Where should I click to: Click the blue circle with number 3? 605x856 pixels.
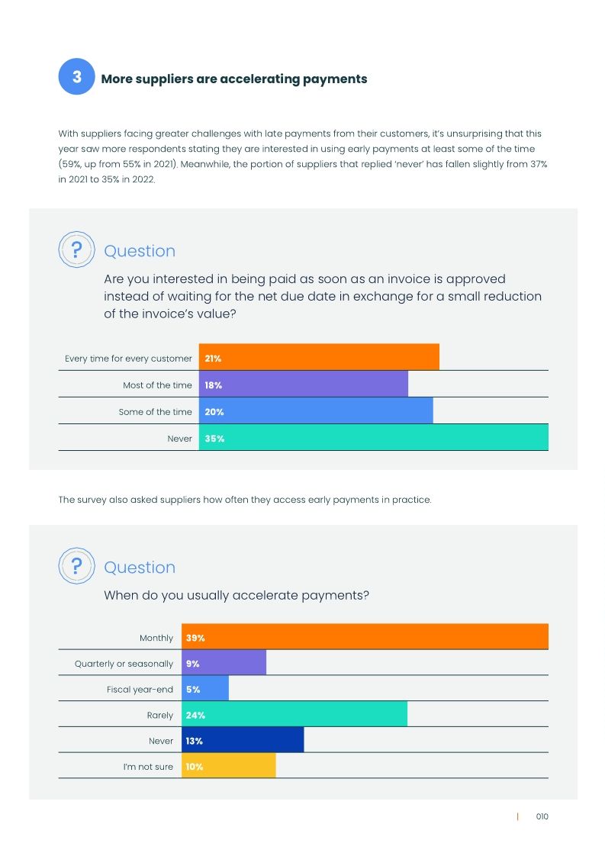pos(76,77)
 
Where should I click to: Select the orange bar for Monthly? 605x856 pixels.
pos(365,637)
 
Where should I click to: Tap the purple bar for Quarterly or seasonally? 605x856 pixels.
pos(224,663)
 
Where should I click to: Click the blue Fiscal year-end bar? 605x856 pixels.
pos(205,689)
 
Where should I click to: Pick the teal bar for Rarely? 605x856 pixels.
pos(294,715)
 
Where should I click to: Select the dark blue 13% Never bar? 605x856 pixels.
pos(243,740)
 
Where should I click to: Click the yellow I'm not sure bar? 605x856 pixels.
pos(228,766)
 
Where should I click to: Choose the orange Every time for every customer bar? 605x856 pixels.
pos(319,358)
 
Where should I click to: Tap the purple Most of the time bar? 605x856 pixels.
pos(304,385)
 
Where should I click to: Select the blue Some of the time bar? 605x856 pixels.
pos(316,411)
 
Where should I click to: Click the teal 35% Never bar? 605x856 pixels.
pos(374,438)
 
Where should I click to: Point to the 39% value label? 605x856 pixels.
pos(195,638)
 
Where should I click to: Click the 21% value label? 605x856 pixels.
pos(213,358)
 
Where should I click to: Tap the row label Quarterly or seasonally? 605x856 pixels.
pos(124,664)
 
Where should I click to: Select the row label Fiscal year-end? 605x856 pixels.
pos(140,690)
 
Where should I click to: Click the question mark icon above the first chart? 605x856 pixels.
pos(76,250)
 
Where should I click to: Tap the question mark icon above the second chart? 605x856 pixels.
pos(76,567)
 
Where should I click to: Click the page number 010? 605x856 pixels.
pos(542,816)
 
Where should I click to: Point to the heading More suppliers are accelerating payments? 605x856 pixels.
pos(234,79)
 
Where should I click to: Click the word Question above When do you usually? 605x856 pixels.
pos(140,567)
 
